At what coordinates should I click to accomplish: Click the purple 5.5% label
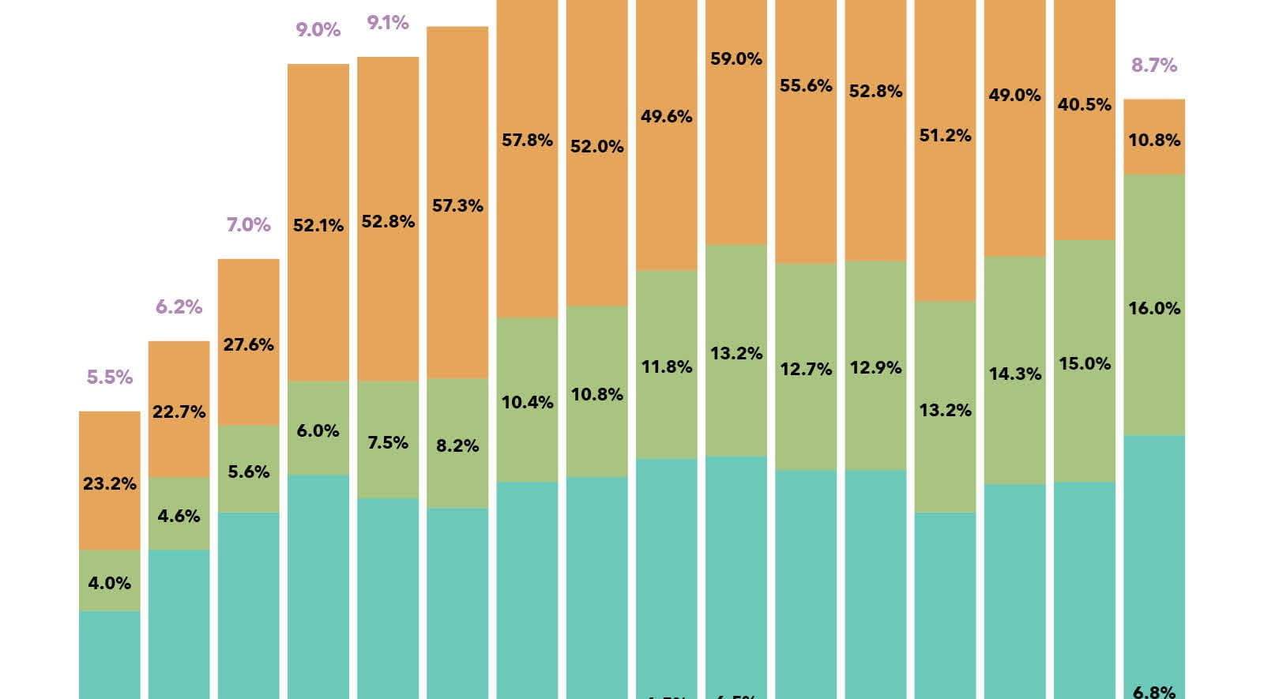(110, 378)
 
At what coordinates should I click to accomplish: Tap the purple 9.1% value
(388, 23)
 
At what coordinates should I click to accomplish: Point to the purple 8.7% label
(1154, 66)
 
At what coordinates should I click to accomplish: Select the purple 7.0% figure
(249, 225)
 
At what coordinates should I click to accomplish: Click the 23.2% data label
(110, 483)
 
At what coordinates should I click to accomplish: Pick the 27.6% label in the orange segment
(249, 344)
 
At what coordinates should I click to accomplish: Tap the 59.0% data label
(736, 59)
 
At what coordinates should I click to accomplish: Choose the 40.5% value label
(1085, 104)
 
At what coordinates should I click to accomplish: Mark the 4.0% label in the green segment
(110, 584)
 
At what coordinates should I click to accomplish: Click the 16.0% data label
(1154, 309)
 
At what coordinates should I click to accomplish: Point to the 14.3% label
(1015, 374)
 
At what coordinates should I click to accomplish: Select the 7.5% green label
(388, 442)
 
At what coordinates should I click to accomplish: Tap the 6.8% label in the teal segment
(1154, 692)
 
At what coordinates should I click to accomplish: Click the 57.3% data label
(457, 206)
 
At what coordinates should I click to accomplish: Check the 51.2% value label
(946, 136)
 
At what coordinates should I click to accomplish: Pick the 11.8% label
(667, 366)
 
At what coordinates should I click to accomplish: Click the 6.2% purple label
(179, 306)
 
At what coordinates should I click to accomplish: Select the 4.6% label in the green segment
(179, 517)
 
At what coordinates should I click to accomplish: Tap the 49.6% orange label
(667, 117)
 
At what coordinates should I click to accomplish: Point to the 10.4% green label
(528, 403)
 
